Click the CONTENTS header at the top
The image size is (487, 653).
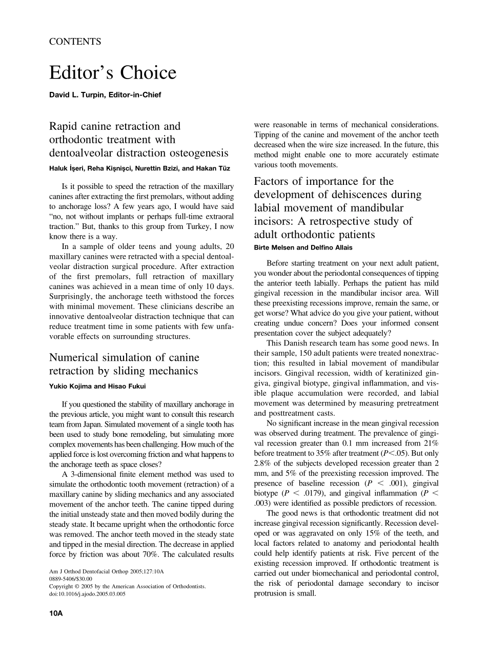click(x=75, y=42)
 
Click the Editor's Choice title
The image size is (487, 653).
click(x=113, y=73)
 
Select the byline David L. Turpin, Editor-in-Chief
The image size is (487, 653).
click(x=105, y=95)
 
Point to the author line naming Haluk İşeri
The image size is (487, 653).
click(x=138, y=168)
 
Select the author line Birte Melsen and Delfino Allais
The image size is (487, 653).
click(x=303, y=247)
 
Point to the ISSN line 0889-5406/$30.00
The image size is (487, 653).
click(x=71, y=579)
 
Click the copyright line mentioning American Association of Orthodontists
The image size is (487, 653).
click(x=127, y=586)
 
